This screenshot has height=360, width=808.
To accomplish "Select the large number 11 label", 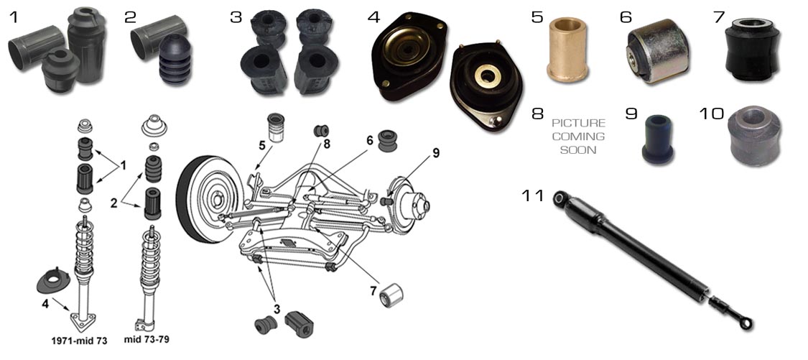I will (x=533, y=196).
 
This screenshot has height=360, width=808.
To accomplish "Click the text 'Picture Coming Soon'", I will (x=578, y=137).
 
